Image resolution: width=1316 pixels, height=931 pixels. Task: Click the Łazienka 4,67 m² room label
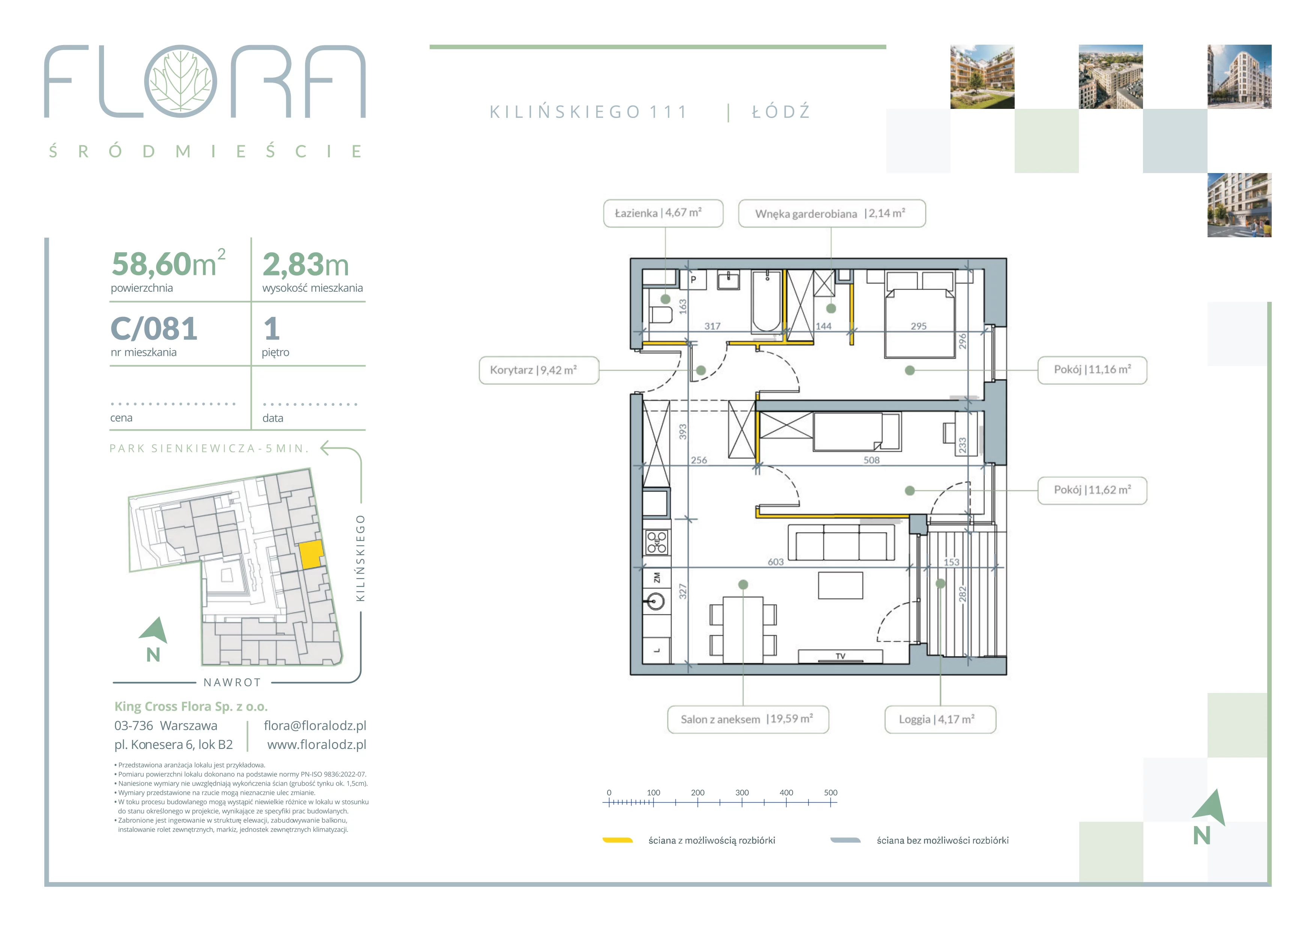663,213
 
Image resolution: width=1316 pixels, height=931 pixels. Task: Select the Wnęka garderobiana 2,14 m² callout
832,213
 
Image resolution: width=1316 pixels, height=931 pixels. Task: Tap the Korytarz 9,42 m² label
539,371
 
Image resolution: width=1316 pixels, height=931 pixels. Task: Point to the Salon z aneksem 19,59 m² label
748,720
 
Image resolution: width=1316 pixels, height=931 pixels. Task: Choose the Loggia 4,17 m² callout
940,720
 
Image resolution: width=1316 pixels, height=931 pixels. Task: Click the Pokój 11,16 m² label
1092,370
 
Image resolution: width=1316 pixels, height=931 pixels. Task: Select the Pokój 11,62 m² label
1092,490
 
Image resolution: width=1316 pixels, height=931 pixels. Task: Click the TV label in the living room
840,656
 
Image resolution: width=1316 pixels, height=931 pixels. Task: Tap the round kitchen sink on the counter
655,601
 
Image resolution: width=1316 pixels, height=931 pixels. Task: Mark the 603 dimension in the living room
776,562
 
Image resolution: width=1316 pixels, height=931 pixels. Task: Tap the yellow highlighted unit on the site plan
311,554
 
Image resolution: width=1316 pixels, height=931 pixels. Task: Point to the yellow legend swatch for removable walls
617,841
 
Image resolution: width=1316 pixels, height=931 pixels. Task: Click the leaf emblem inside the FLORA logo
180,81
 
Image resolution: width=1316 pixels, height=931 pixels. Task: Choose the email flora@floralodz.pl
315,726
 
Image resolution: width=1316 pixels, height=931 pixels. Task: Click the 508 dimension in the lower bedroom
871,460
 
